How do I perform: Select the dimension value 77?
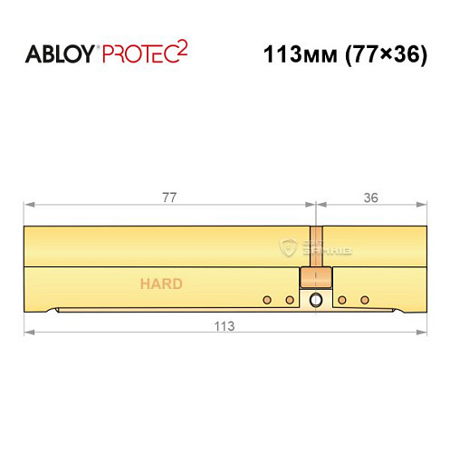pos(168,195)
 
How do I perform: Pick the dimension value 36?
pos(370,195)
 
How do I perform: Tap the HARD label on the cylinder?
pos(161,284)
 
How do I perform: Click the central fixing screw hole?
pos(315,300)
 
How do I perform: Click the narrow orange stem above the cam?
pos(314,246)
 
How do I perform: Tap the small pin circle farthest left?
pos(266,300)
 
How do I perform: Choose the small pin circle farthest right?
pos(365,300)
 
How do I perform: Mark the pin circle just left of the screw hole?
pos(290,300)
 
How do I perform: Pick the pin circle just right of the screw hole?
pos(341,300)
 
